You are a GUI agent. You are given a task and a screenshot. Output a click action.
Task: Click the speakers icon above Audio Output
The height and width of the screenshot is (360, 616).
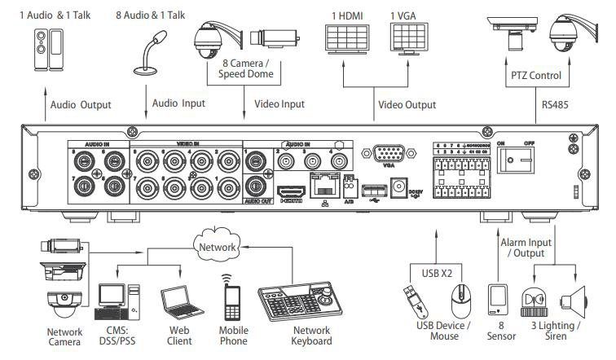[x=44, y=50]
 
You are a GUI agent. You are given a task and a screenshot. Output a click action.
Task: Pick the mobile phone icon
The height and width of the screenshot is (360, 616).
[x=232, y=297]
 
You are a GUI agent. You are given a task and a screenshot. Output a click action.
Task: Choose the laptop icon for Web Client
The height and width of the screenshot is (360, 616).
[x=176, y=302]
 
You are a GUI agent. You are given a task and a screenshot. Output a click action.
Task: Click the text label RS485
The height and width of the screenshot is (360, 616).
[x=556, y=105]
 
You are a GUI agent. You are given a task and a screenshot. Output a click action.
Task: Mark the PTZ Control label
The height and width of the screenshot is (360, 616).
[x=535, y=76]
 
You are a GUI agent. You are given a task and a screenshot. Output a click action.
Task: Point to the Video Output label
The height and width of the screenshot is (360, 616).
[x=407, y=105]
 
